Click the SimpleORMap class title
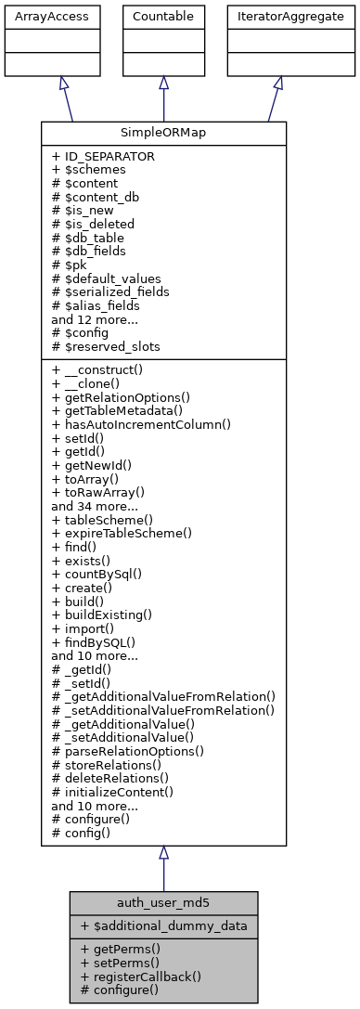click(x=163, y=133)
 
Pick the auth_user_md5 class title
click(x=163, y=901)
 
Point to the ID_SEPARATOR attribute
click(x=103, y=157)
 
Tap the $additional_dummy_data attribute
click(x=154, y=925)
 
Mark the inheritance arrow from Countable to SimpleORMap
click(x=163, y=97)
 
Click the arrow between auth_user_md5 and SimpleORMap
click(x=163, y=868)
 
